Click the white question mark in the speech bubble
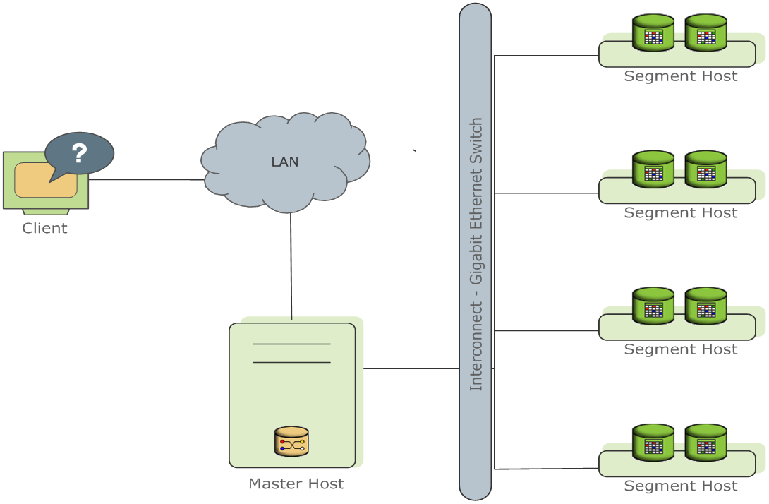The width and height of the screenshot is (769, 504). (79, 153)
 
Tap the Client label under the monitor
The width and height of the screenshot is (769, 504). (45, 228)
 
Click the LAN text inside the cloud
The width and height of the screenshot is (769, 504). (285, 162)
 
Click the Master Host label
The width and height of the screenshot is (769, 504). (296, 484)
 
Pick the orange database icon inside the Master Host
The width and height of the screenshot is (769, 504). (291, 441)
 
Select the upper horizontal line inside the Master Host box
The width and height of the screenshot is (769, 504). (291, 344)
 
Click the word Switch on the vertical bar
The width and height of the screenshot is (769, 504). (476, 141)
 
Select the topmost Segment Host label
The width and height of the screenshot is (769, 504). (681, 76)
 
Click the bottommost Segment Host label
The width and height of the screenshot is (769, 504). (681, 486)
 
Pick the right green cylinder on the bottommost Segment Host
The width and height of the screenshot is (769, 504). (706, 443)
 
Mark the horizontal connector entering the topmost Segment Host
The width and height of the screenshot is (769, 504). (546, 56)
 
